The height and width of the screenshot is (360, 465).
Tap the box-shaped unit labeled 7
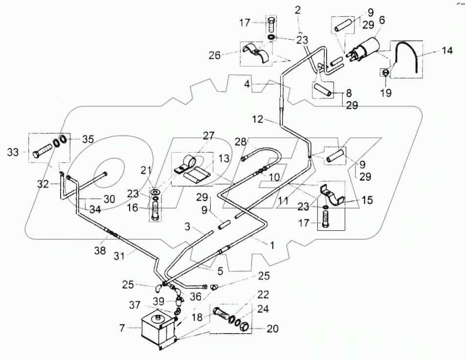(156, 328)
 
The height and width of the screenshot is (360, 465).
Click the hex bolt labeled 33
(44, 154)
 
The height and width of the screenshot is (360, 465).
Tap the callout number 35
(88, 138)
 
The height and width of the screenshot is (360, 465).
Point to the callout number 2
(298, 9)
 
